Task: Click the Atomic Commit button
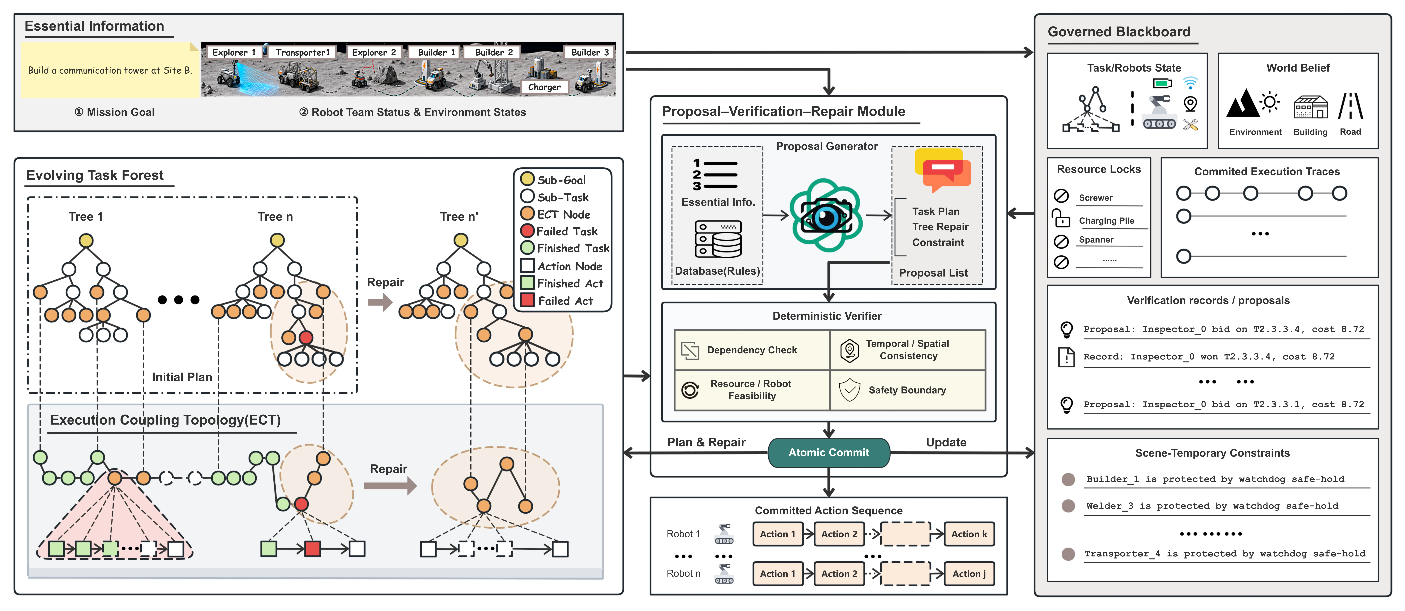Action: click(829, 452)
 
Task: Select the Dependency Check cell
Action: click(752, 350)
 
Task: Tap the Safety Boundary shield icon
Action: click(849, 390)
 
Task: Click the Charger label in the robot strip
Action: click(544, 87)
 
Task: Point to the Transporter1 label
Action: click(303, 52)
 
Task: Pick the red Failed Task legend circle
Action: click(527, 231)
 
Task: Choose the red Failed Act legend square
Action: click(527, 300)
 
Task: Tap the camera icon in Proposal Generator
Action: click(826, 215)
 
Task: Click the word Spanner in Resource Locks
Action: click(1096, 239)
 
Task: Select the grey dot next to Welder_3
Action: click(1068, 506)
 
